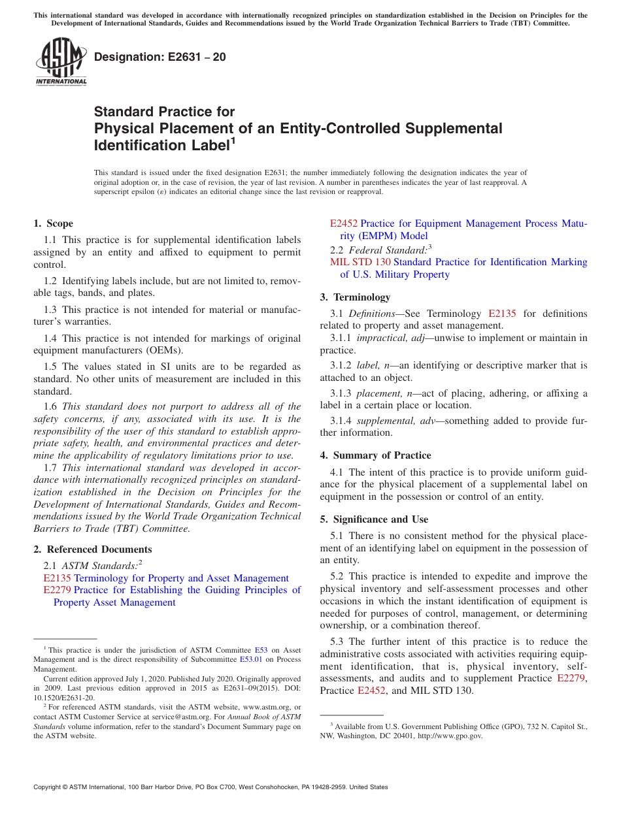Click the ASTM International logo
[61, 61]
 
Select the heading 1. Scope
[54, 223]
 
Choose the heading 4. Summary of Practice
[375, 455]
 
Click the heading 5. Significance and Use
[374, 519]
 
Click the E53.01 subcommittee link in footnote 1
[251, 660]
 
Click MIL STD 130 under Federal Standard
[360, 262]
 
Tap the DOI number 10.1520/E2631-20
[63, 698]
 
